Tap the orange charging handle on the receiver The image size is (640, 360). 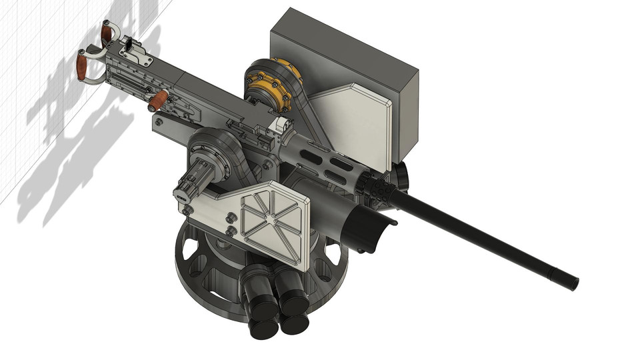click(x=158, y=101)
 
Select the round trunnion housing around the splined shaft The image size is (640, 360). click(x=217, y=157)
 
